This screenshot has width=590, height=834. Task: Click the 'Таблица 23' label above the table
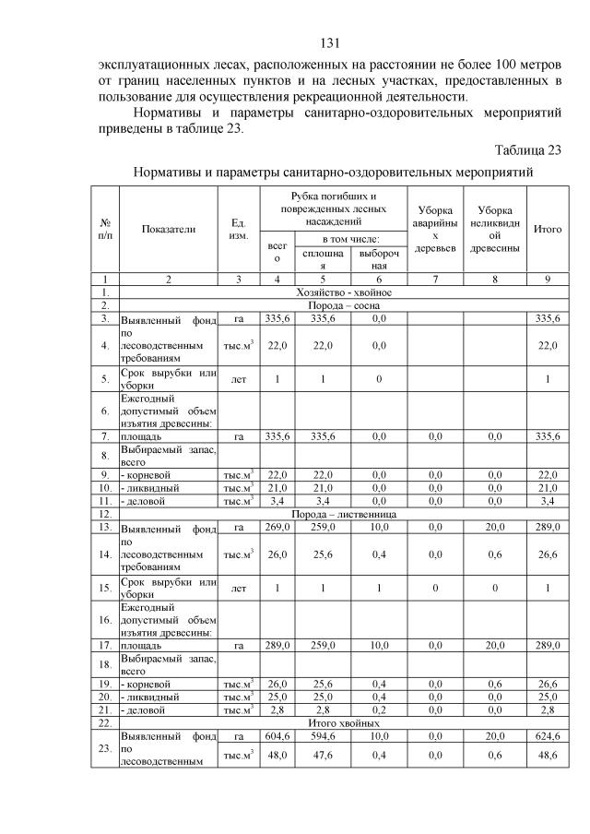click(x=527, y=150)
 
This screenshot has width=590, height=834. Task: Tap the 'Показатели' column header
click(x=168, y=230)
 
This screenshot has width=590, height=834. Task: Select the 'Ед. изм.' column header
click(x=238, y=230)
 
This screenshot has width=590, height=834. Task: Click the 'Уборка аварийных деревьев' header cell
click(x=434, y=229)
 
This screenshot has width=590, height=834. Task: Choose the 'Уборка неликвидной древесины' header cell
click(x=495, y=229)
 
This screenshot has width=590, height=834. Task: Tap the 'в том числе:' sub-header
click(x=335, y=239)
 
